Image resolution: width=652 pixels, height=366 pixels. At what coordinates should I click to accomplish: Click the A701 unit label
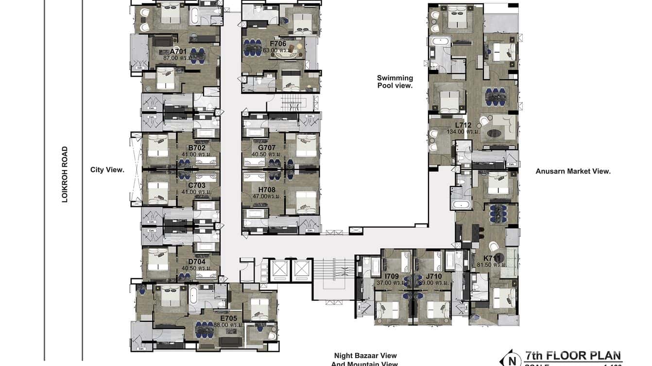point(178,51)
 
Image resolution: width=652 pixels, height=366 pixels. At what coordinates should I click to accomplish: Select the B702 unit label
point(197,148)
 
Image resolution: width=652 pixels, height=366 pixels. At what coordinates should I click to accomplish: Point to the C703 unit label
point(197,185)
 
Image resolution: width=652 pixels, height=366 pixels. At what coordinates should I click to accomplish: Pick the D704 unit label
point(197,262)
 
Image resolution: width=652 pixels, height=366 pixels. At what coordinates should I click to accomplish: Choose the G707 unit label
point(267,148)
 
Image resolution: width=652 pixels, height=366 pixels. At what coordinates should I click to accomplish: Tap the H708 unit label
point(267,190)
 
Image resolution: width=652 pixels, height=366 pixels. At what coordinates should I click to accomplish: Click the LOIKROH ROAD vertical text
point(65,174)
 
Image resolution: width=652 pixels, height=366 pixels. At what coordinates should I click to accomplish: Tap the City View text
point(107,170)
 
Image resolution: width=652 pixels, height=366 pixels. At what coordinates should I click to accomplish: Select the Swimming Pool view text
point(395,82)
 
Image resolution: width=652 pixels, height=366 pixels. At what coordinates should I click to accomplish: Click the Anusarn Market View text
point(573,171)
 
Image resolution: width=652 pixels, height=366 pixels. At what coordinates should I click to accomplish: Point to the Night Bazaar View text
point(365,356)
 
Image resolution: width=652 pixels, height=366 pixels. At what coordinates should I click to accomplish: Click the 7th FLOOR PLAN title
point(573,356)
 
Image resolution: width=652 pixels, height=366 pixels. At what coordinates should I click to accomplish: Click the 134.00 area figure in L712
point(456,132)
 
